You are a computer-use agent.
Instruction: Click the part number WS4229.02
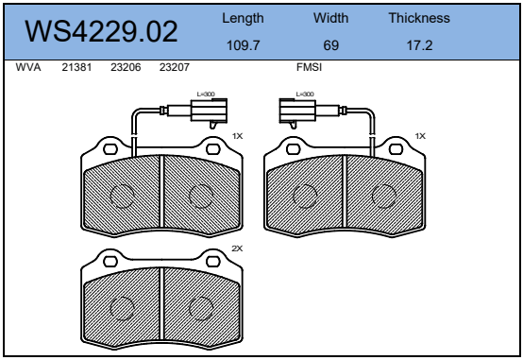[x=101, y=31]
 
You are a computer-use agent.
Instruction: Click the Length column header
[x=243, y=19]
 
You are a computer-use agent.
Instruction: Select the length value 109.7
[x=243, y=45]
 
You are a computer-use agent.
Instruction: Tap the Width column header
[x=330, y=18]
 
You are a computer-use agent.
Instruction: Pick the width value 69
[x=330, y=45]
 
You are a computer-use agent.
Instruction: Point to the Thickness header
[x=419, y=18]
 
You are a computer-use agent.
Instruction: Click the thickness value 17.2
[x=419, y=45]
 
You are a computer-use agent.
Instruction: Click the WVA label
[x=28, y=67]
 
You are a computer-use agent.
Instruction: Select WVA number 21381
[x=76, y=67]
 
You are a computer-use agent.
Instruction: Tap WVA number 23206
[x=126, y=67]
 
